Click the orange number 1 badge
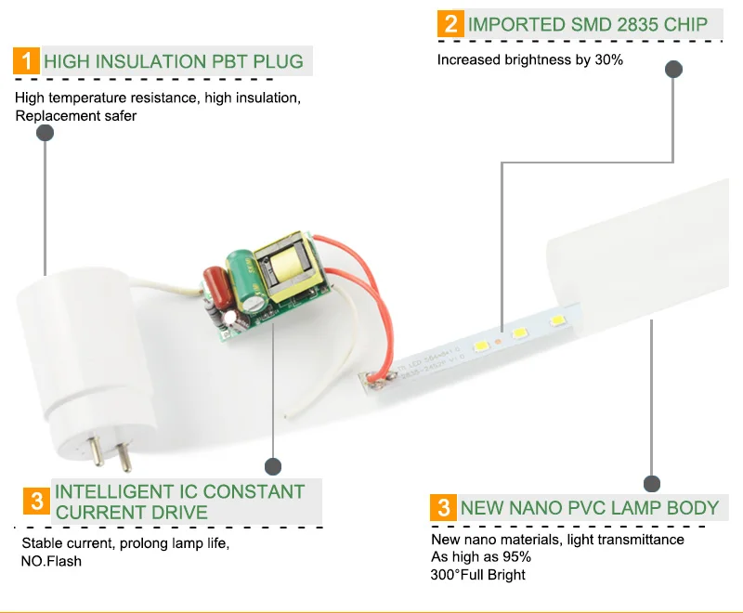point(27,61)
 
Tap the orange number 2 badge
point(450,24)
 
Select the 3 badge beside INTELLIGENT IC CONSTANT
point(36,502)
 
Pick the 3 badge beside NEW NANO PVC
point(444,508)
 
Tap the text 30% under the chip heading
point(608,60)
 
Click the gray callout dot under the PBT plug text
point(45,134)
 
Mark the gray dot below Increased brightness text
point(674,70)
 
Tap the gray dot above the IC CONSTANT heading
point(273,466)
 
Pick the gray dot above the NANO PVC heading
point(652,484)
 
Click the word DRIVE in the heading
point(179,513)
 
